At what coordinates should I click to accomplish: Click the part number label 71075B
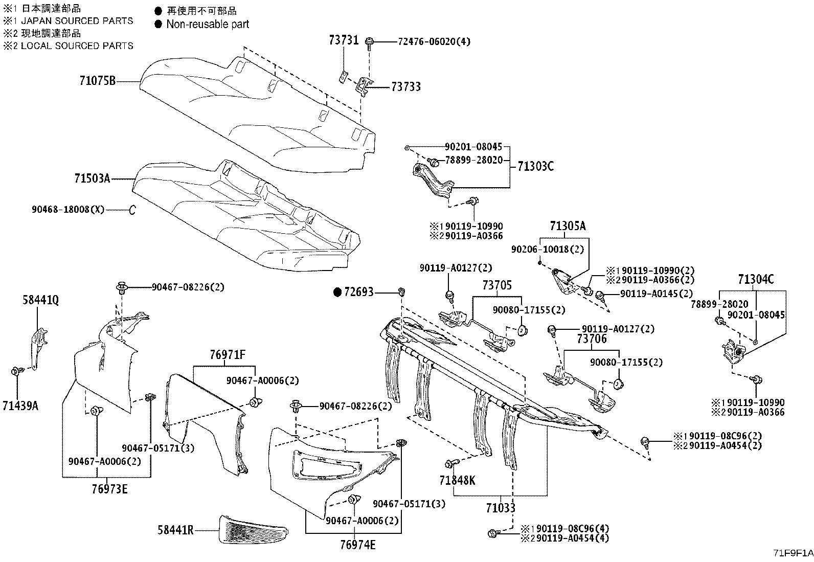click(x=98, y=81)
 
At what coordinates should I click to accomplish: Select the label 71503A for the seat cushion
click(x=92, y=178)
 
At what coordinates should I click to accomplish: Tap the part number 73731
click(x=344, y=41)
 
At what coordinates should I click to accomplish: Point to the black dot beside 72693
click(x=337, y=293)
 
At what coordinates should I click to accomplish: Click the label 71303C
click(x=535, y=166)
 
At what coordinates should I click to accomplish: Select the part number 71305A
click(x=568, y=226)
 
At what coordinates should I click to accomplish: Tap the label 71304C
click(x=756, y=279)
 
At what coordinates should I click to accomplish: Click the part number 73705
click(x=498, y=285)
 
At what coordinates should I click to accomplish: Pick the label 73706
click(x=592, y=339)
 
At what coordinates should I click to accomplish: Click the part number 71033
click(x=501, y=508)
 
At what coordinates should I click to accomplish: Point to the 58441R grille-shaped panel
click(x=251, y=529)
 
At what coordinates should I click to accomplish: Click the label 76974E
click(x=358, y=545)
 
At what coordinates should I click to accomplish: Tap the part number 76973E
click(x=109, y=489)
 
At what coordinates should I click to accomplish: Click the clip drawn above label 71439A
click(x=16, y=371)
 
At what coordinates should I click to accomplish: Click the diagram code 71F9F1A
click(x=793, y=553)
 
